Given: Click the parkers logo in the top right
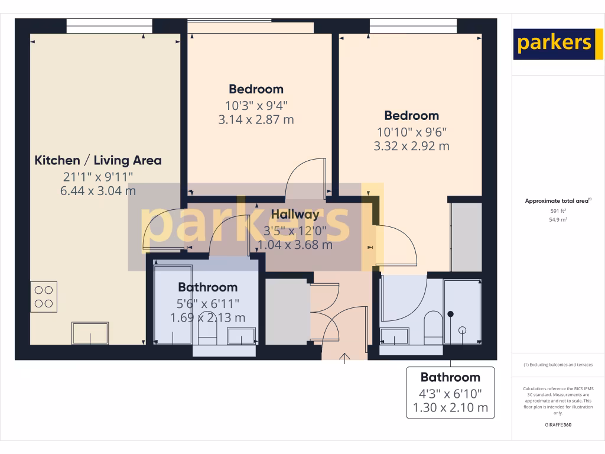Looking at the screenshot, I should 558,44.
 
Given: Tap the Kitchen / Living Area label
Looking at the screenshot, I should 98,160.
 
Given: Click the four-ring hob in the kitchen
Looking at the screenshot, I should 44,297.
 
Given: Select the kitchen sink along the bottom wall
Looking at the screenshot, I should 90,333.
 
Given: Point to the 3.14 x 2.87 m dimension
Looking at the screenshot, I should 256,119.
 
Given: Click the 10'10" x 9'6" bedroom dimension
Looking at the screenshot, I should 412,132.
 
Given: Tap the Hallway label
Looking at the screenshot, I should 295,215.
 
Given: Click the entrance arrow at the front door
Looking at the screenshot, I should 346,357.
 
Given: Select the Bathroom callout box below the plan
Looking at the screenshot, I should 450,393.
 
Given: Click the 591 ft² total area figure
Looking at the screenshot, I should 558,210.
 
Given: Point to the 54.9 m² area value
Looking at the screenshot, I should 558,219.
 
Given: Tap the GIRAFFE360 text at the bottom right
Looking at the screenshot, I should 558,424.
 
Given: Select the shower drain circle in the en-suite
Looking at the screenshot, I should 463,330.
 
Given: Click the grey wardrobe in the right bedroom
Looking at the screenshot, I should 466,237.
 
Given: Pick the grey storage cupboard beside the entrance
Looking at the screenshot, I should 287,312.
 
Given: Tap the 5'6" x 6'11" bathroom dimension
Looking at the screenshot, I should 208,304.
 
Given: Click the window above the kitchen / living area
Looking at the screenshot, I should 109,25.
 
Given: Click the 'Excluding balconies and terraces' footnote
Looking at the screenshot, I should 558,365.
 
